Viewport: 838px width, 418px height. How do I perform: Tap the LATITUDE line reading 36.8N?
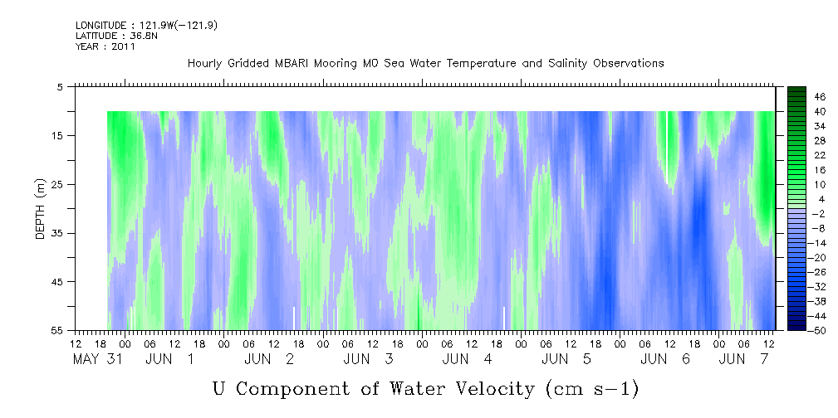point(116,36)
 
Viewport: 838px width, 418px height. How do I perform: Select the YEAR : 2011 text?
point(105,46)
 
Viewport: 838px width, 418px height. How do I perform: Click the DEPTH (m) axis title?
point(40,208)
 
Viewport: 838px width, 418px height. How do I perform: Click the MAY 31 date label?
point(98,359)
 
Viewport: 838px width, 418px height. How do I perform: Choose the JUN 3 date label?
point(369,359)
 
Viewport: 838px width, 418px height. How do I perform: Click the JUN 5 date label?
point(566,359)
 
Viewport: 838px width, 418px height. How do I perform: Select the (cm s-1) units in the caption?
point(592,389)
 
